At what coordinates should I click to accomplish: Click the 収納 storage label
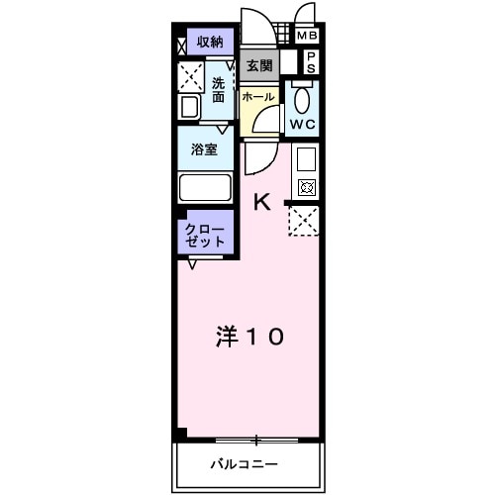click(209, 42)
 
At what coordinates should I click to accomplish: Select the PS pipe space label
click(310, 63)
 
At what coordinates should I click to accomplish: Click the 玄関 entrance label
click(258, 65)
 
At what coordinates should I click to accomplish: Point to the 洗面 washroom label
click(219, 91)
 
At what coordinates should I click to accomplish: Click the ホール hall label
click(258, 97)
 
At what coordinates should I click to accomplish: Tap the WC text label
click(302, 126)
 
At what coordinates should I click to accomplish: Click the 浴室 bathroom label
click(206, 150)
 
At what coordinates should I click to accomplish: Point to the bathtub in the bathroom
click(204, 186)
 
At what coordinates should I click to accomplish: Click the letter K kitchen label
click(261, 202)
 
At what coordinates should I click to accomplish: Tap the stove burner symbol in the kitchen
click(305, 187)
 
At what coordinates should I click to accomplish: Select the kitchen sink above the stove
click(305, 158)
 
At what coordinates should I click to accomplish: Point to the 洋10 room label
click(249, 337)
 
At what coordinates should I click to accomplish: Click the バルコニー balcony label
click(244, 463)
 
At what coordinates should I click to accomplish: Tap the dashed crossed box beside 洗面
click(190, 76)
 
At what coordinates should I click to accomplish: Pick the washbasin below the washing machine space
click(189, 107)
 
